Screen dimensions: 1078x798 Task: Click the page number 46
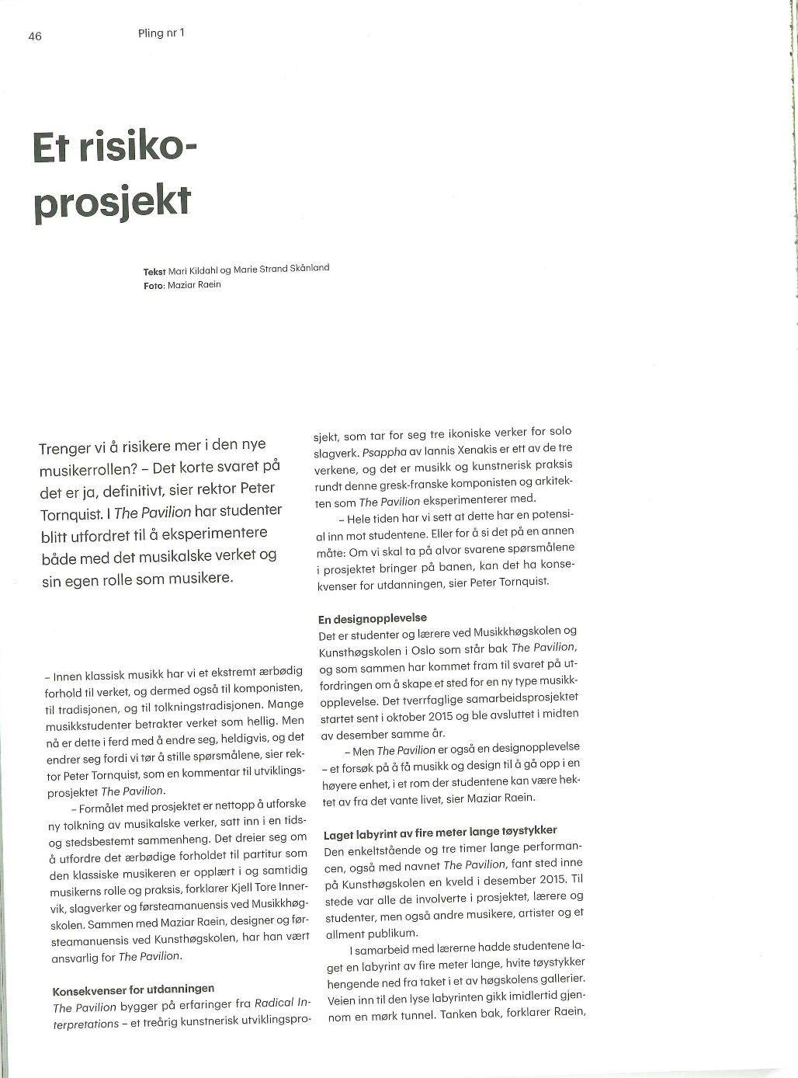point(35,37)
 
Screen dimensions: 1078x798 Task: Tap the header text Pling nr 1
point(161,33)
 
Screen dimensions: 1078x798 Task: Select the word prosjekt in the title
point(112,202)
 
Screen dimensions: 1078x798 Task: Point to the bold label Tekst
point(154,272)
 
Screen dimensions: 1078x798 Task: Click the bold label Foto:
point(154,285)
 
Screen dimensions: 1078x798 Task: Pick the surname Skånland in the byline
point(310,268)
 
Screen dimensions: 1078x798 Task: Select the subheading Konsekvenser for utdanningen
point(133,989)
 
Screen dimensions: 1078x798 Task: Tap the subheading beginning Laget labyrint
point(439,832)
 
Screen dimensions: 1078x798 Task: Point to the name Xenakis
point(476,449)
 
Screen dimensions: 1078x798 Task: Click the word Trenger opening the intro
point(65,449)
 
